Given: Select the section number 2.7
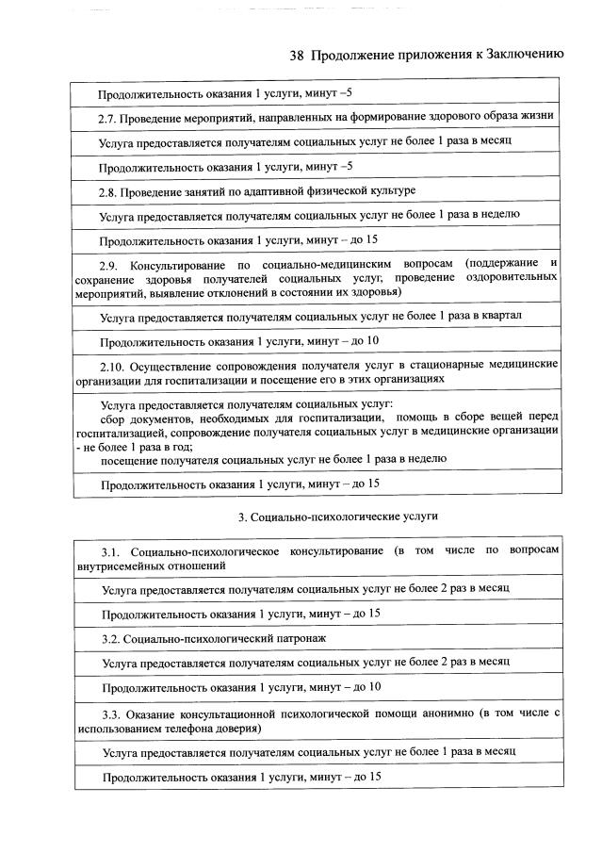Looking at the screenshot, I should pos(110,118).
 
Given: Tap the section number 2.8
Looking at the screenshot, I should pos(110,191).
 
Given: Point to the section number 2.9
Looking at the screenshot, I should pos(110,262).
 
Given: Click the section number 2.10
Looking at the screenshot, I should pos(114,365).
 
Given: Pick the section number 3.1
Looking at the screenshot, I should pos(112,550).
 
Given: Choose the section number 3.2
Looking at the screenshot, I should pos(110,638).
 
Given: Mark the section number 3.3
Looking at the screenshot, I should pos(112,712).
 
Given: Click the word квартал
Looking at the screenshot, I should pos(500,315).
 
